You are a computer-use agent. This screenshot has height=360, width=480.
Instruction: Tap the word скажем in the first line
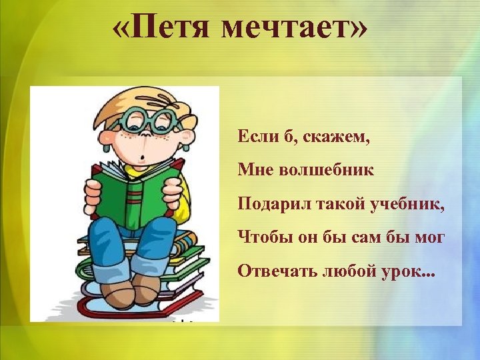[x=336, y=138]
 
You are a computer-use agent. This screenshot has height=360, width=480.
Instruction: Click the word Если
[x=254, y=138]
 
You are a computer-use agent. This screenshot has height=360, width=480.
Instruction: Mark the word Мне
[x=253, y=171]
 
